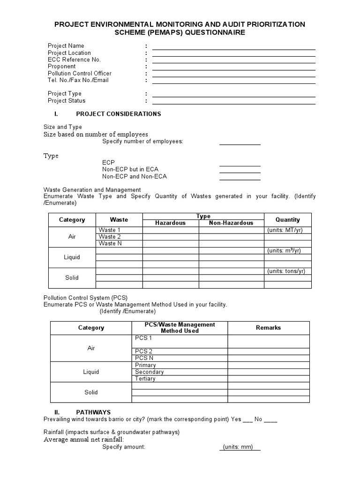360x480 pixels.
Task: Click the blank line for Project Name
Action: click(x=233, y=47)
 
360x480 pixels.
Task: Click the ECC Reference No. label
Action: click(x=74, y=60)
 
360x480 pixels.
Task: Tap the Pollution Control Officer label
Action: click(x=79, y=74)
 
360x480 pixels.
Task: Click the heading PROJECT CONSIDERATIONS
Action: click(x=118, y=114)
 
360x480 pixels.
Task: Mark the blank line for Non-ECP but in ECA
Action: click(x=240, y=171)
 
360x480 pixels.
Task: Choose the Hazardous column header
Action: click(x=170, y=223)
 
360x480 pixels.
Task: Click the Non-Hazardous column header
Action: click(x=231, y=223)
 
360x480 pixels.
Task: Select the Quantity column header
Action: click(x=287, y=219)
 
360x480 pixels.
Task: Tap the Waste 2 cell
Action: click(x=119, y=237)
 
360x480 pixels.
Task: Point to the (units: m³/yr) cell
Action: click(x=287, y=251)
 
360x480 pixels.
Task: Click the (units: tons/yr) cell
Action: click(x=287, y=271)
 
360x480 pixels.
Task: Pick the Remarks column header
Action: click(x=268, y=328)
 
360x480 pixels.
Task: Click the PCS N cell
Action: click(x=180, y=358)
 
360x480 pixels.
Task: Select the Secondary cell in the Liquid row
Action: click(x=180, y=372)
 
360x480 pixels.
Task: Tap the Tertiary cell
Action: click(x=180, y=379)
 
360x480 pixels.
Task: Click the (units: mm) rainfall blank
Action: click(x=240, y=447)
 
